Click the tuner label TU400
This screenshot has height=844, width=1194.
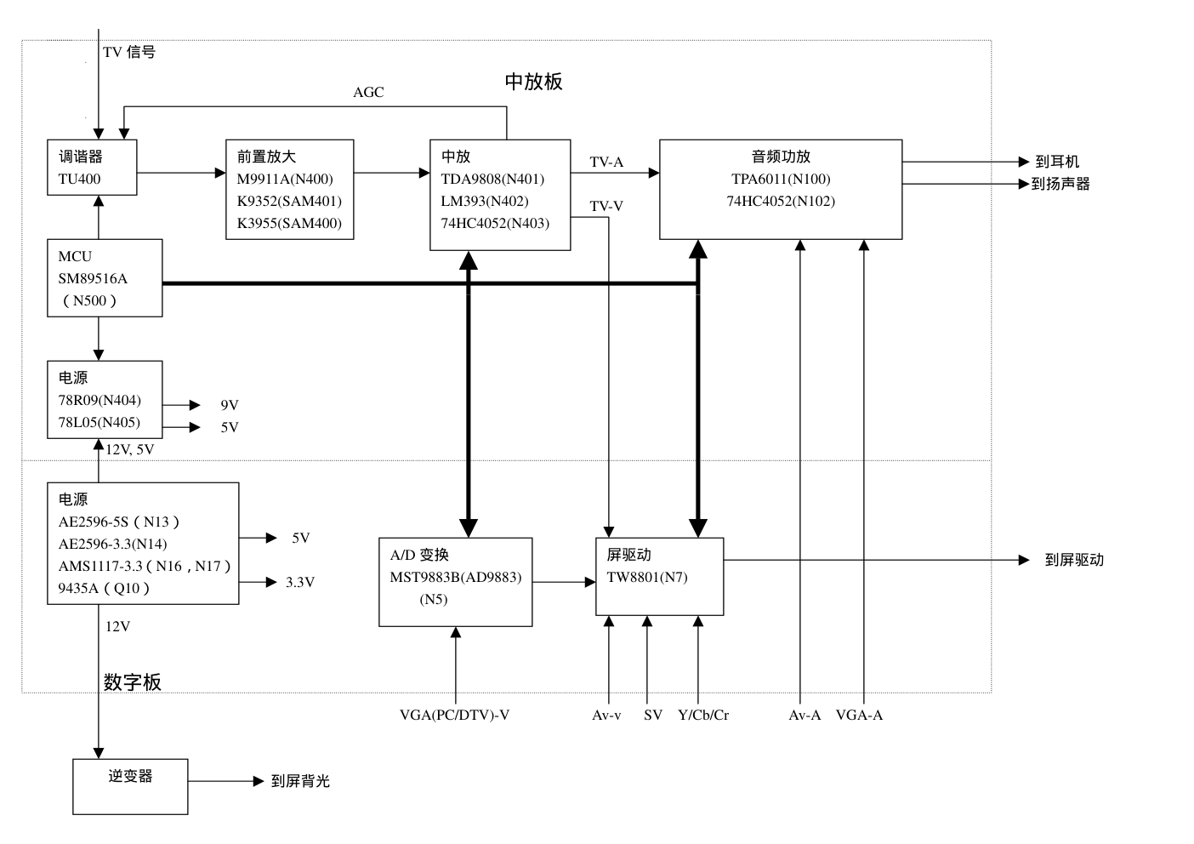click(x=79, y=180)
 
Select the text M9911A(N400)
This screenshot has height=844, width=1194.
click(x=285, y=180)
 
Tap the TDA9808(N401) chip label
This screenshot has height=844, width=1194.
click(x=492, y=180)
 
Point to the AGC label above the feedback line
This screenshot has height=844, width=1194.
click(x=368, y=93)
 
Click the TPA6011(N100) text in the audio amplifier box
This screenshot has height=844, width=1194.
click(x=781, y=180)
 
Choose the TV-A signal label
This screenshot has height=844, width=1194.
click(x=606, y=163)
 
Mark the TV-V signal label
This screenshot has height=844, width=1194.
click(x=606, y=207)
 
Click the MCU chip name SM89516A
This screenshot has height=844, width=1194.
click(x=93, y=279)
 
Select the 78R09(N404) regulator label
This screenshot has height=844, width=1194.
click(x=99, y=401)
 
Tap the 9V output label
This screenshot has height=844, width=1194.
click(x=230, y=406)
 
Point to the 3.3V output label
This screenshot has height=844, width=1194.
click(x=300, y=583)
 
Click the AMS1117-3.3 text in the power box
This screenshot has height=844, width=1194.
click(x=100, y=567)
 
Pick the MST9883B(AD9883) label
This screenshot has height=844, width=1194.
click(x=456, y=578)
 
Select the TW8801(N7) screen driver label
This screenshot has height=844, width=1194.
click(x=647, y=578)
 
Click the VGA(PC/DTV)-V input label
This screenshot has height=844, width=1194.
click(x=454, y=716)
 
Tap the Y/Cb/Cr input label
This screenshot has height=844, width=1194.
click(x=703, y=716)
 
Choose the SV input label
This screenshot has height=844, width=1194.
click(x=653, y=716)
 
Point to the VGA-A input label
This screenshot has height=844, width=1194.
click(x=859, y=716)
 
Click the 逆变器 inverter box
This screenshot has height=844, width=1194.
click(x=130, y=786)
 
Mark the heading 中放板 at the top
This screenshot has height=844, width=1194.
click(x=533, y=82)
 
